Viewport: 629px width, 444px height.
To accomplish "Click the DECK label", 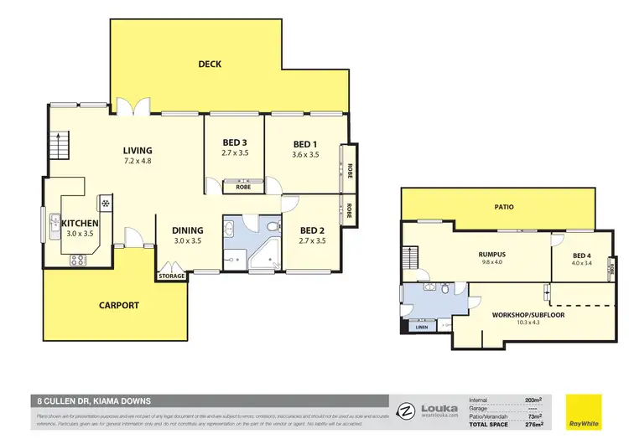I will click(x=210, y=64).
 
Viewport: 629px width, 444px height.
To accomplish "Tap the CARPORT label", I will click(x=119, y=305).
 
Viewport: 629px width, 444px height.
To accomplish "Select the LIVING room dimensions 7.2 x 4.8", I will click(x=137, y=162).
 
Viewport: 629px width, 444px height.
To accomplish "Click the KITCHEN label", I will click(x=80, y=223).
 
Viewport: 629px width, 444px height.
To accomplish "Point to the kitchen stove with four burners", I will click(x=77, y=260).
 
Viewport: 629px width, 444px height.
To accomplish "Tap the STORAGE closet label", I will click(x=172, y=276).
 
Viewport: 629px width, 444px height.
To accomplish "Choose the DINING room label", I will click(x=188, y=230).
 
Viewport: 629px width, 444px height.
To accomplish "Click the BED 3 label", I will click(x=234, y=142).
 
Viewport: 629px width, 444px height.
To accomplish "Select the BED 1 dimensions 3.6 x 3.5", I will click(x=306, y=154).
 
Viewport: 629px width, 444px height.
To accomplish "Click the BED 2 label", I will click(x=312, y=230).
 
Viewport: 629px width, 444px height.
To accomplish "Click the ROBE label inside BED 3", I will click(x=243, y=187).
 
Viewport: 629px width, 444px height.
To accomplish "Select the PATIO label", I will click(x=503, y=206).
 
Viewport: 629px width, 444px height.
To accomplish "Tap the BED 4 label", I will click(x=582, y=255).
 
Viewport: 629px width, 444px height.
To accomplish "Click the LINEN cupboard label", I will click(x=420, y=328).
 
